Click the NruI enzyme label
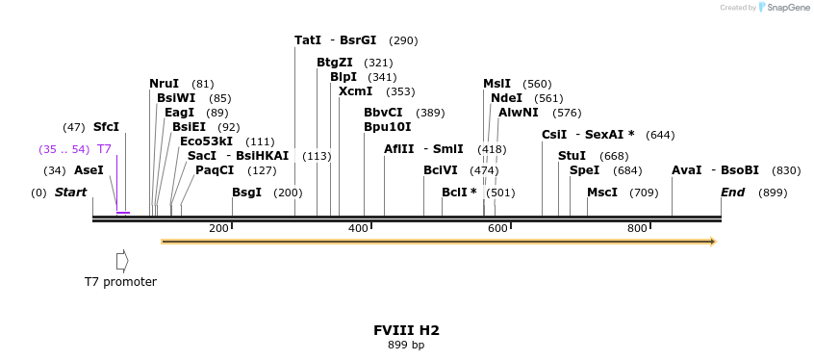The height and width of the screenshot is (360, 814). click(x=165, y=84)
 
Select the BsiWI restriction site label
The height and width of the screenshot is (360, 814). click(x=176, y=98)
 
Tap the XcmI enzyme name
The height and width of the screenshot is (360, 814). click(x=355, y=91)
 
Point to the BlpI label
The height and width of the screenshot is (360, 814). click(x=343, y=77)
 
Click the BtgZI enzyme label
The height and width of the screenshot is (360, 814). click(x=335, y=63)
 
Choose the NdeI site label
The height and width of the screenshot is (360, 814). click(x=506, y=98)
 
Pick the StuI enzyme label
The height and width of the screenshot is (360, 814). click(x=572, y=156)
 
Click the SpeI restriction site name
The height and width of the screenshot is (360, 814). click(x=584, y=170)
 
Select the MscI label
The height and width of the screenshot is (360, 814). click(x=602, y=193)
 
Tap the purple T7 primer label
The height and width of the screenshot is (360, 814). click(x=105, y=149)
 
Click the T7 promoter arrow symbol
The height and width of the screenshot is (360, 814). click(x=122, y=261)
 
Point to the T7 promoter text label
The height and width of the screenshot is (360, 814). click(x=120, y=282)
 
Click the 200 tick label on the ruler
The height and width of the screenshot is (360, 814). click(x=218, y=228)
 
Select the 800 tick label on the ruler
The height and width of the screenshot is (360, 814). click(x=637, y=228)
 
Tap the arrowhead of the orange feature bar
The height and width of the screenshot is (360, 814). click(x=713, y=242)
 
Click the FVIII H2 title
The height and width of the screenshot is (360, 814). click(x=406, y=330)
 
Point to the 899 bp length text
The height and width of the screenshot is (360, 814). click(x=406, y=345)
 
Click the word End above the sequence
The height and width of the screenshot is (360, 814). click(x=732, y=193)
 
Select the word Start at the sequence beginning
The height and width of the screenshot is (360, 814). click(x=70, y=193)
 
